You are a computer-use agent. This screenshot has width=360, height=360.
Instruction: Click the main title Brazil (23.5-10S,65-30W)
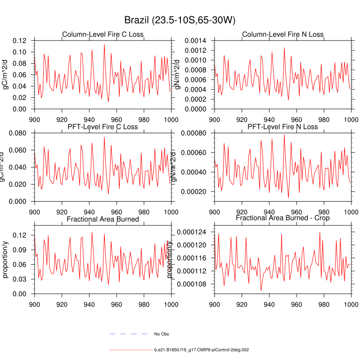pyautogui.click(x=180, y=21)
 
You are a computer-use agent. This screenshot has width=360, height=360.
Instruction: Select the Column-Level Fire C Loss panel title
pyautogui.click(x=103, y=35)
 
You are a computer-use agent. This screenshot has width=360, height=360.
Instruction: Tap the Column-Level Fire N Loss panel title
pyautogui.click(x=283, y=35)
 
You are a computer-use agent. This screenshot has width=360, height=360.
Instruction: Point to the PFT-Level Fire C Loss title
pyautogui.click(x=103, y=126)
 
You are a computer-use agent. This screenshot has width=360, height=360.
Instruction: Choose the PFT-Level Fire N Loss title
pyautogui.click(x=283, y=126)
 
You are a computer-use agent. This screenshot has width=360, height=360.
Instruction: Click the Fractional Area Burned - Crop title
pyautogui.click(x=283, y=218)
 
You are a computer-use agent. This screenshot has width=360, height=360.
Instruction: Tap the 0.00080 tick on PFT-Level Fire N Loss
pyautogui.click(x=194, y=133)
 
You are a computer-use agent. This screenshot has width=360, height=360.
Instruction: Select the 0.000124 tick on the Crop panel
pyautogui.click(x=193, y=232)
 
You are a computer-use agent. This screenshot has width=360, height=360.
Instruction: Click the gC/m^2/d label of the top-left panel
pyautogui.click(x=6, y=75)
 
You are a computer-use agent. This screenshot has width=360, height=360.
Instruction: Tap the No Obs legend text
pyautogui.click(x=162, y=334)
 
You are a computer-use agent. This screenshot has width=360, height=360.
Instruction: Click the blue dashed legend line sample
pyautogui.click(x=129, y=334)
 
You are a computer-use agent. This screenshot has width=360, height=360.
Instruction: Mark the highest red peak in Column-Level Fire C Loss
pyautogui.click(x=104, y=44)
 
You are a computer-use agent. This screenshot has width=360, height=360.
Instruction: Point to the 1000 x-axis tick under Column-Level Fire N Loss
pyautogui.click(x=351, y=120)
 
